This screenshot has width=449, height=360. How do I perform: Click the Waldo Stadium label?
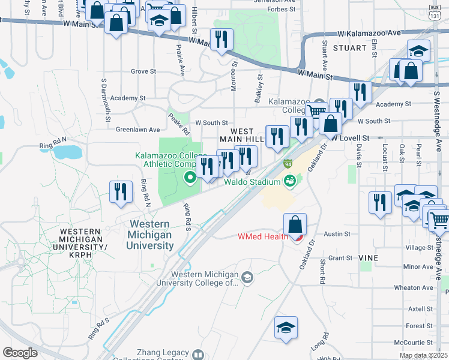coord(252,182)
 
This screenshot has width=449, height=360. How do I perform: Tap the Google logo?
coord(20,353)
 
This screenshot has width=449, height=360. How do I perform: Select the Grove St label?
coord(143,71)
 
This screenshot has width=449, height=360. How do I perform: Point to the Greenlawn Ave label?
coord(138,129)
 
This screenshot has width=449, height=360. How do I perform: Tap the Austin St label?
coord(337,234)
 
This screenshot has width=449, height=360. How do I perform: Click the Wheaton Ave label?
coord(414,287)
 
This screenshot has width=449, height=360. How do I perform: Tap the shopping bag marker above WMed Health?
coord(295,226)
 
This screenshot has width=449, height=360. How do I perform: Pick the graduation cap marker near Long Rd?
coord(286,328)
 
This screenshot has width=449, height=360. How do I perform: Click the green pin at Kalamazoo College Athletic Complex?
coord(190,176)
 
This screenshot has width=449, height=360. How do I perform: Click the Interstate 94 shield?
coord(288,164)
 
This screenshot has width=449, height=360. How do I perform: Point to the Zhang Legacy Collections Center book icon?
coord(196,356)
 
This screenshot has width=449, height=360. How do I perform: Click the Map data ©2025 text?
coord(423,356)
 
